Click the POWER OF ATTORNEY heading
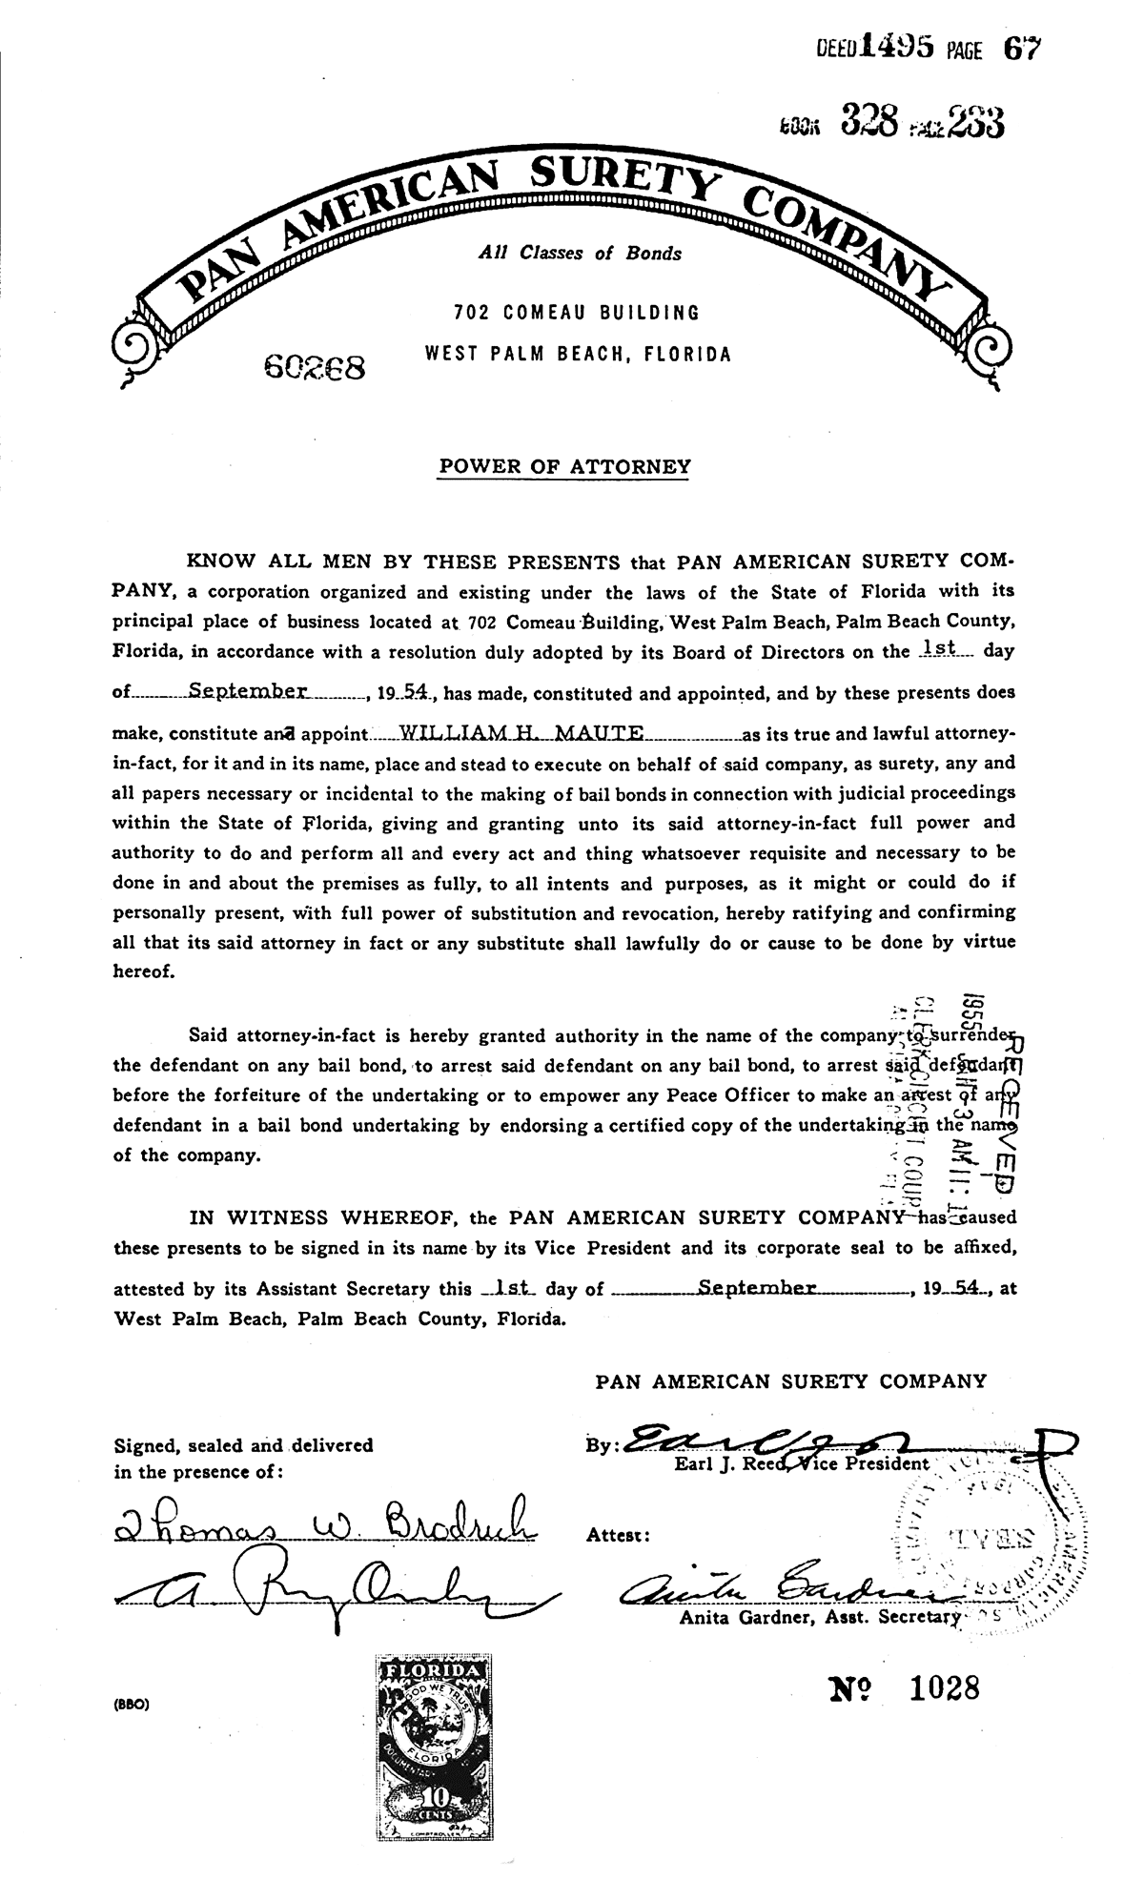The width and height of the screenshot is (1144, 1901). (x=563, y=467)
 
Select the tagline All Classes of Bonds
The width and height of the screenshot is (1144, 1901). (x=580, y=254)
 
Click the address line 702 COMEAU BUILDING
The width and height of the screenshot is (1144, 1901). (x=577, y=312)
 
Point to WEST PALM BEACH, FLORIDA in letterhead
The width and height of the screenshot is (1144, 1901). (x=578, y=355)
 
